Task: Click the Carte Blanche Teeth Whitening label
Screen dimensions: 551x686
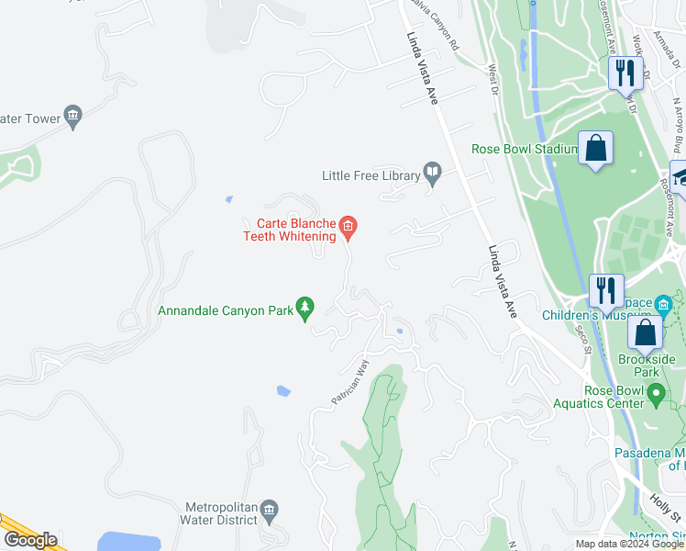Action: click(x=289, y=230)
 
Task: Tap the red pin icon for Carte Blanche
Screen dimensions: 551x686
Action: click(x=348, y=225)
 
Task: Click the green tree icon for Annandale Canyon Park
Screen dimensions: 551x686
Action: click(x=305, y=309)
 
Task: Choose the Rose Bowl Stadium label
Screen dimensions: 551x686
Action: click(x=524, y=149)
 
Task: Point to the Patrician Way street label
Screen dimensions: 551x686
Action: click(x=349, y=383)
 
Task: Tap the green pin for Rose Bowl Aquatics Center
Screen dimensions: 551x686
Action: click(x=656, y=395)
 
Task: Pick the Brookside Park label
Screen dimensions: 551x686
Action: click(x=647, y=366)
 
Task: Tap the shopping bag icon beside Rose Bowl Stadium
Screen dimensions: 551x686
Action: click(x=596, y=148)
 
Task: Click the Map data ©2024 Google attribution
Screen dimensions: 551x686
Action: click(x=629, y=544)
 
